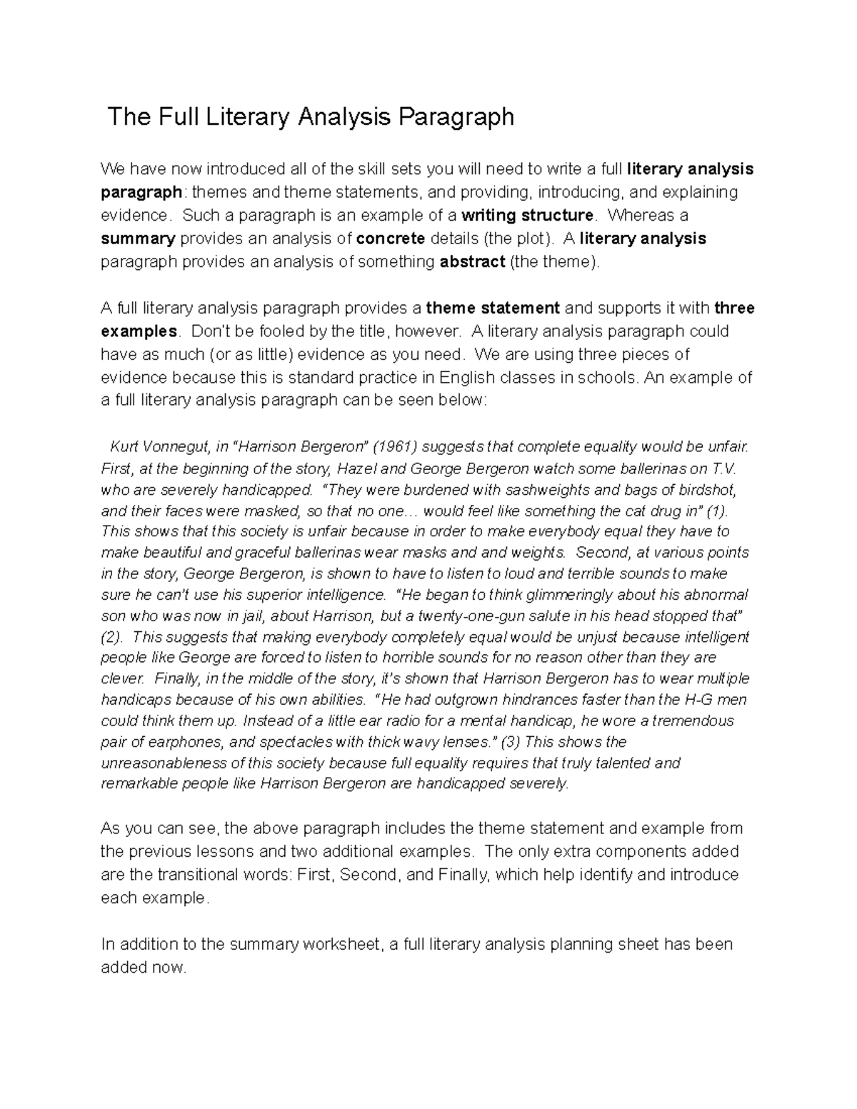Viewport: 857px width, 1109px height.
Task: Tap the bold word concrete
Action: pyautogui.click(x=391, y=239)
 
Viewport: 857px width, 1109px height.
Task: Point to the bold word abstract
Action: pyautogui.click(x=471, y=262)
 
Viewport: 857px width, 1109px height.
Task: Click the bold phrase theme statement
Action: pyautogui.click(x=493, y=308)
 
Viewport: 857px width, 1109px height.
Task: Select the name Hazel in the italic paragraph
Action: pyautogui.click(x=355, y=469)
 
